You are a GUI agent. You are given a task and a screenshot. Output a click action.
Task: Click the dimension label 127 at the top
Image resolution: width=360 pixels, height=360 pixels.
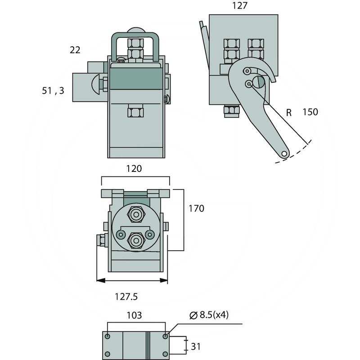pos(239,6)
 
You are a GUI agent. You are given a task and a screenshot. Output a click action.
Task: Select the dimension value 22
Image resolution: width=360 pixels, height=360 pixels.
pos(75,50)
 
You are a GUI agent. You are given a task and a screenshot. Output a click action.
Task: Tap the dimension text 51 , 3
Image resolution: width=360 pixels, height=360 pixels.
pos(53,90)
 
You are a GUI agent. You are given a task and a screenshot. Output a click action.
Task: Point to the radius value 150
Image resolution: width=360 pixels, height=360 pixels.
pos(310,112)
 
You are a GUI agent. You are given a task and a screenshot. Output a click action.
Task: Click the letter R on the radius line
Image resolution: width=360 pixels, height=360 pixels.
pos(289,112)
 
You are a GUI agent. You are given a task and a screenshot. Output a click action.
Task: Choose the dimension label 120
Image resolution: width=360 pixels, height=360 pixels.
pos(134,169)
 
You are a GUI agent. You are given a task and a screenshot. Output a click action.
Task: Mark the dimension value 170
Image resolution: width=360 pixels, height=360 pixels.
pos(196,208)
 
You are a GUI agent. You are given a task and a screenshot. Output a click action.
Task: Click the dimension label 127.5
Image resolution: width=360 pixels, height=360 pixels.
pos(126,297)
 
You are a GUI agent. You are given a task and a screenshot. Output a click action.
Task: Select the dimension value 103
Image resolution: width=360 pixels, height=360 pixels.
pos(134,315)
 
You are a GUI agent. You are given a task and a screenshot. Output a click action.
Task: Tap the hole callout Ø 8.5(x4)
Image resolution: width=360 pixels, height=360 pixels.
pos(209,315)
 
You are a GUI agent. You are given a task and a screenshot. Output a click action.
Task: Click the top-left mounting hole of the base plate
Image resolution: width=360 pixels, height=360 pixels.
pos(108,336)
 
